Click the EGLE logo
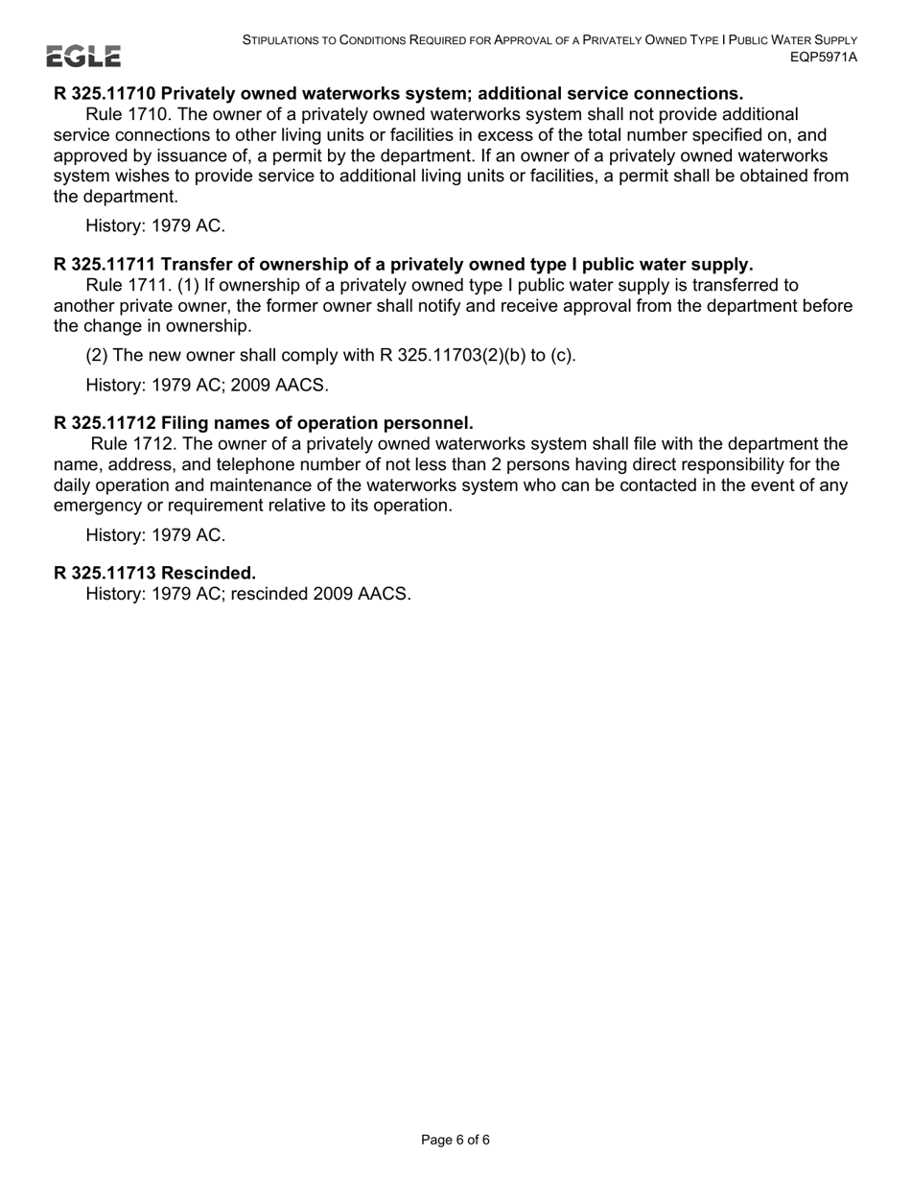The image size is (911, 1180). point(84,57)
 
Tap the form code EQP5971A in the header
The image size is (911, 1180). point(823,57)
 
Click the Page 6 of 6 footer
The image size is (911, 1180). point(455,1140)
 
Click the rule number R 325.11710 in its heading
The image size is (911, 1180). point(105,93)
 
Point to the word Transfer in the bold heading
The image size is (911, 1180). point(196,264)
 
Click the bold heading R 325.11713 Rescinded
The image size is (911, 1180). point(154,573)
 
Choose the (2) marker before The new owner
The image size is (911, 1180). point(97,355)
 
